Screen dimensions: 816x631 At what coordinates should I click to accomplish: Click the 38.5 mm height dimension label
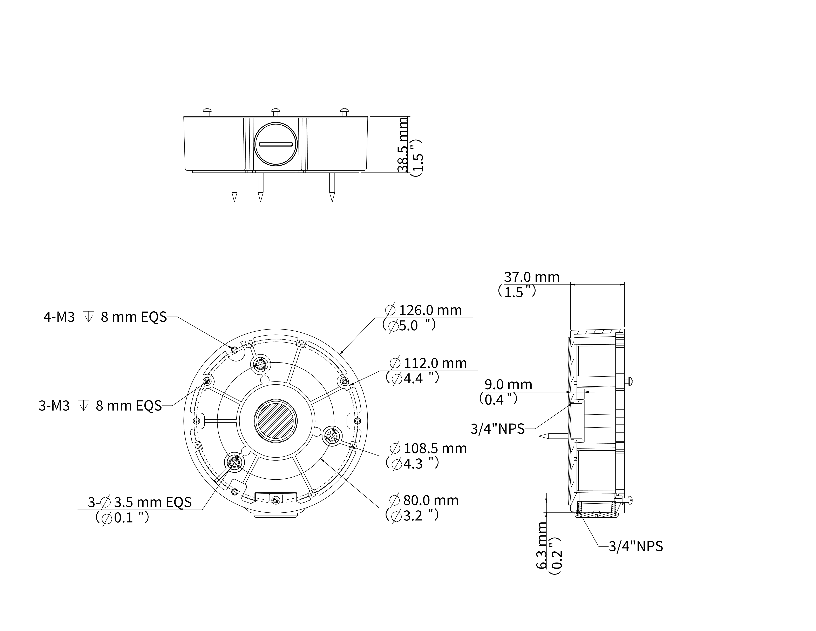click(403, 145)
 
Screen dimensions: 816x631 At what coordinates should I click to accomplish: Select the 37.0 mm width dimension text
click(532, 277)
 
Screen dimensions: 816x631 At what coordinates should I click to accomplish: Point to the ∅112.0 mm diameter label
click(428, 363)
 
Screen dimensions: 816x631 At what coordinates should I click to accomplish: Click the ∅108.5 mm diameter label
click(428, 448)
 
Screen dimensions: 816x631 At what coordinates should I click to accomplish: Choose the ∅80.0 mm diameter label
click(424, 500)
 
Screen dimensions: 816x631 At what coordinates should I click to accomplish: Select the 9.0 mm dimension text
click(508, 384)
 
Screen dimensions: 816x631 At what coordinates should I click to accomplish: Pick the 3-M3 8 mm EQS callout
click(100, 406)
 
